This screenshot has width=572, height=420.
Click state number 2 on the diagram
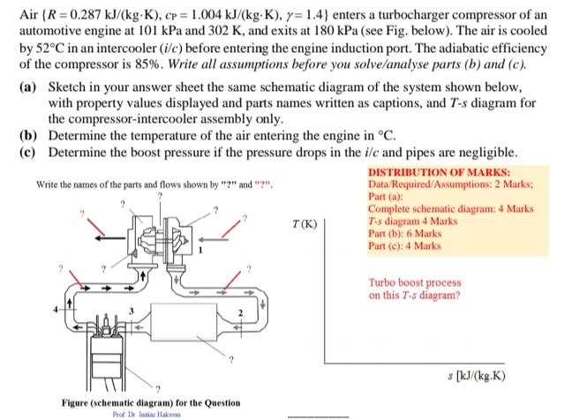(x=238, y=313)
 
